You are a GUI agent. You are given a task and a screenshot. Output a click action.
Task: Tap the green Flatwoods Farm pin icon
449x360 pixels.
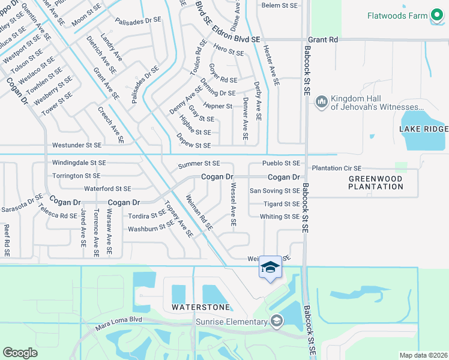coord(436,15)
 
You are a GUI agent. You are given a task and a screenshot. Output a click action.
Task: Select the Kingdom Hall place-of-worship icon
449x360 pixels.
coord(321,101)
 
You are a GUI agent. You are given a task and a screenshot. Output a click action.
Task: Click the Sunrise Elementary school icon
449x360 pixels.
coord(276,321)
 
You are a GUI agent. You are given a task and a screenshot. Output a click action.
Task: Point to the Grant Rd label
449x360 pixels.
coord(324,40)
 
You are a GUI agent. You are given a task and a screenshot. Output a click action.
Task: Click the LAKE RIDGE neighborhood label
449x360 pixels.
coord(424,129)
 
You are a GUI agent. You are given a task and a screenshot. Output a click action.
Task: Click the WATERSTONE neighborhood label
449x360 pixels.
coord(200,307)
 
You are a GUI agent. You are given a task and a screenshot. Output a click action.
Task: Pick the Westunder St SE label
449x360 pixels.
coord(77,145)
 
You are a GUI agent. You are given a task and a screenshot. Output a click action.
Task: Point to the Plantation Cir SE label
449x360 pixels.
coord(337,169)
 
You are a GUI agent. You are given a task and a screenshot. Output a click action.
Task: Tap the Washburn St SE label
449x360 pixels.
coord(151,228)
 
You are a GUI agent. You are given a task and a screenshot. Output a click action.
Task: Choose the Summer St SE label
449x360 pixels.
coord(199,164)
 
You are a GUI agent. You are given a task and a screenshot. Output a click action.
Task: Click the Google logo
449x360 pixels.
coord(20,352)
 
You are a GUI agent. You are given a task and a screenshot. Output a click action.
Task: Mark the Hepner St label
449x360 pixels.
coord(218,106)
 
